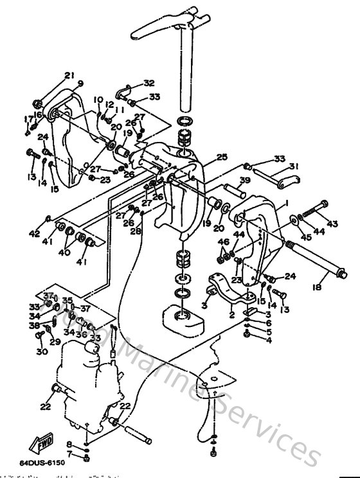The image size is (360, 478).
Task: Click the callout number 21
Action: tap(69, 76)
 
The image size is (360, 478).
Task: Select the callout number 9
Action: tap(80, 84)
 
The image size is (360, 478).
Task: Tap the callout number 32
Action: tap(149, 84)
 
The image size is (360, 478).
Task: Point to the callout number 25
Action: tap(222, 157)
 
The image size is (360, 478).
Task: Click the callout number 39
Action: tap(245, 180)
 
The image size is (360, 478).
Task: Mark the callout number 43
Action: tap(332, 224)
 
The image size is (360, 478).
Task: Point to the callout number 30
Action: tap(42, 352)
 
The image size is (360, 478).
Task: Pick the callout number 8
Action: tap(69, 444)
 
